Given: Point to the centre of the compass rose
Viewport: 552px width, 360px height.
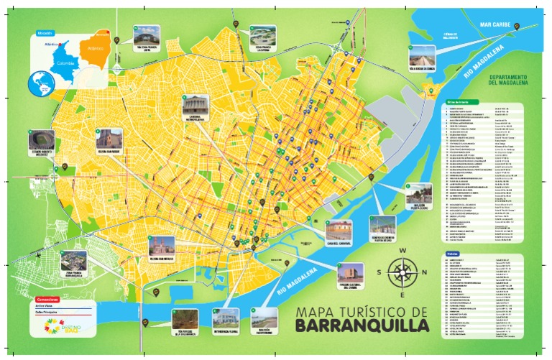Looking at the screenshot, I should (402, 272).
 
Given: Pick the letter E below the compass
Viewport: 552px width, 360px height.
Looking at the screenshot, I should (402, 295).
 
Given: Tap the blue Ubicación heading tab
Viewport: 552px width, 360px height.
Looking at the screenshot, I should (45, 33).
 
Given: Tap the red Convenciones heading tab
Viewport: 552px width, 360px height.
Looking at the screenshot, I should (47, 297).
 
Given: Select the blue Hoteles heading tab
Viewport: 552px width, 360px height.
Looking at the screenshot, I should (453, 254).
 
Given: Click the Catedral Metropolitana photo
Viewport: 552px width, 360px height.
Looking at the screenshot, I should (195, 106).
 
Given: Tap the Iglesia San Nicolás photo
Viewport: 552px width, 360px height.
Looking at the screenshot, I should (162, 246).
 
